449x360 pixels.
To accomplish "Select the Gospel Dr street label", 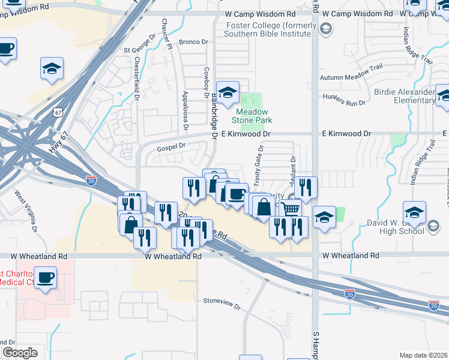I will (171, 146).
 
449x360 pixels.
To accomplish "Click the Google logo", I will (20, 353).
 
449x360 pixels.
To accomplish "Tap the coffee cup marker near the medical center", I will (46, 278).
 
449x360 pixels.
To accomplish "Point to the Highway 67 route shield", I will (57, 112).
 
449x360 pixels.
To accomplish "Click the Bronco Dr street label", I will (192, 42).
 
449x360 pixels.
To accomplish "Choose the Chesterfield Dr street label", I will (137, 78).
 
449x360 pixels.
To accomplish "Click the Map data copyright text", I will (424, 355).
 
